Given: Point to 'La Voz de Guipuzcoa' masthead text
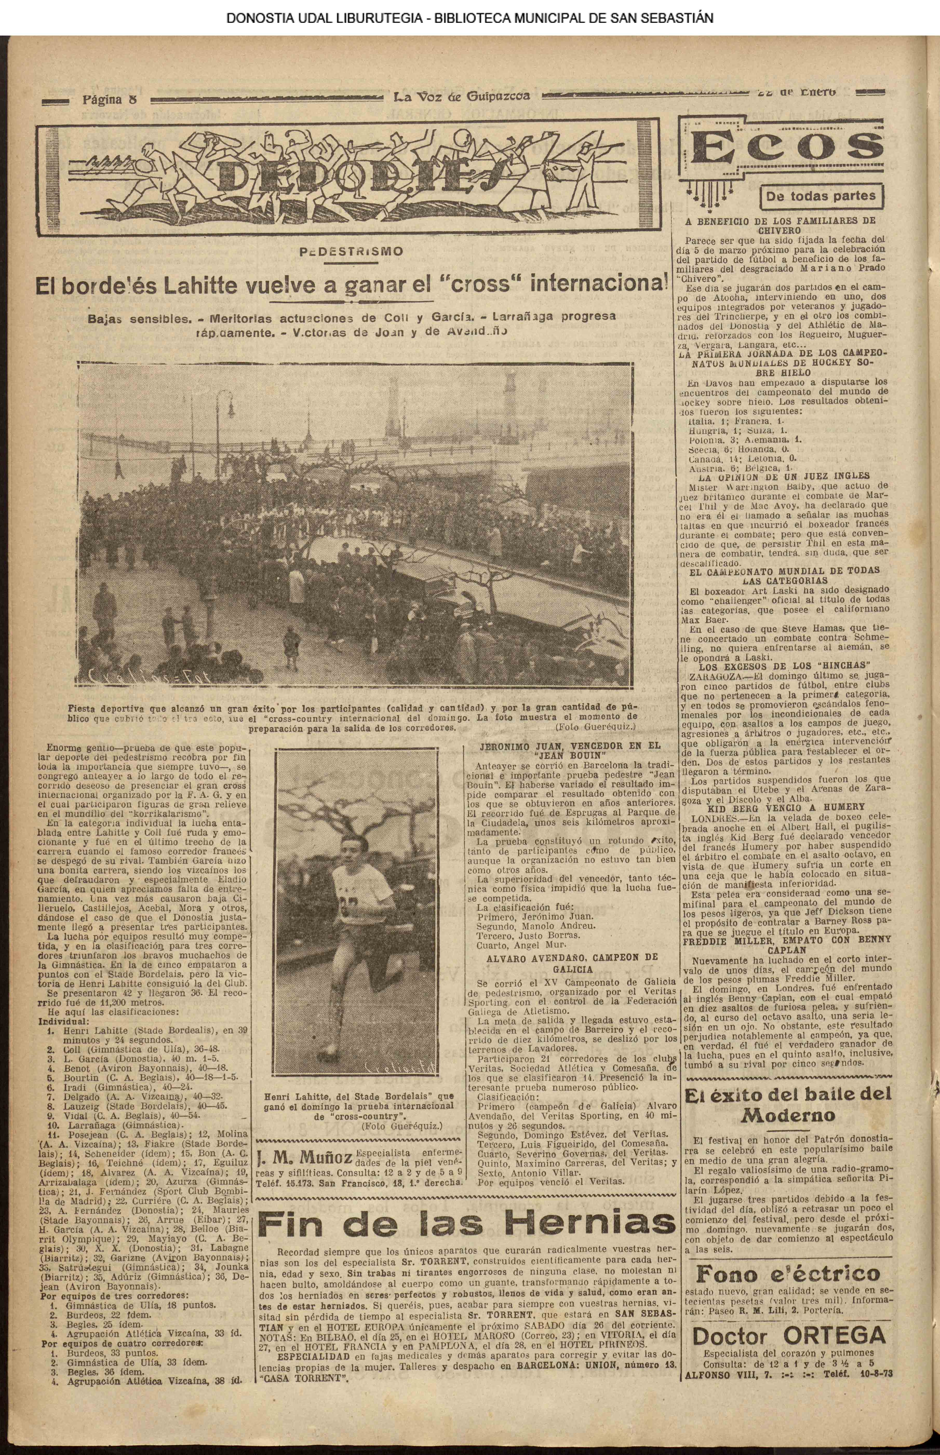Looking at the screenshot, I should [x=461, y=96].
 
